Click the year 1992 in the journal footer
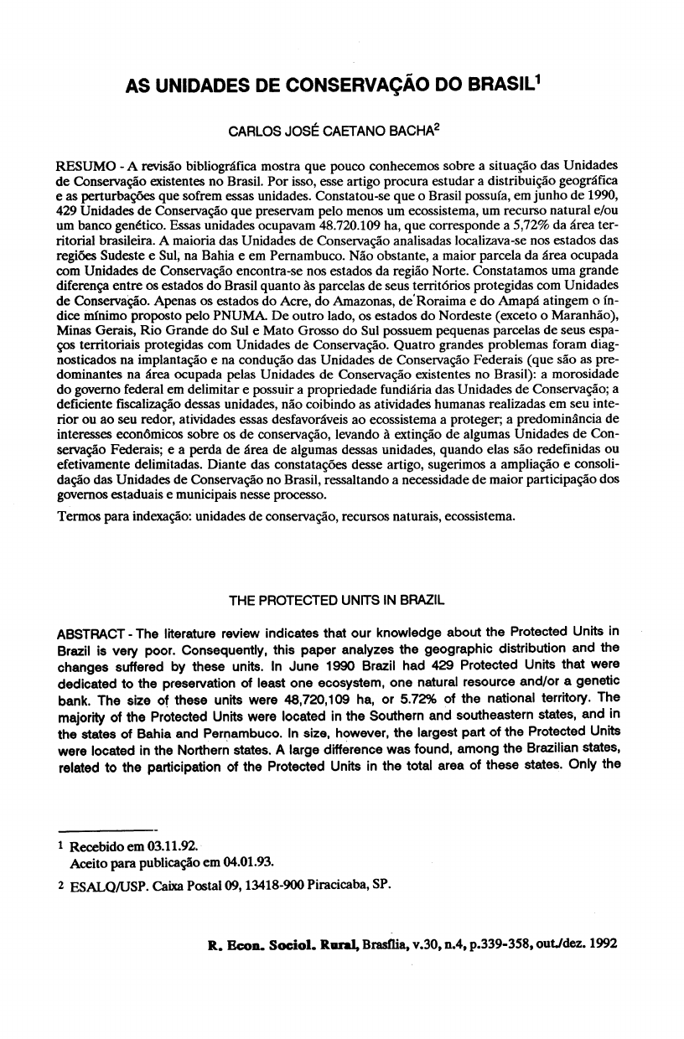tap(603, 941)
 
